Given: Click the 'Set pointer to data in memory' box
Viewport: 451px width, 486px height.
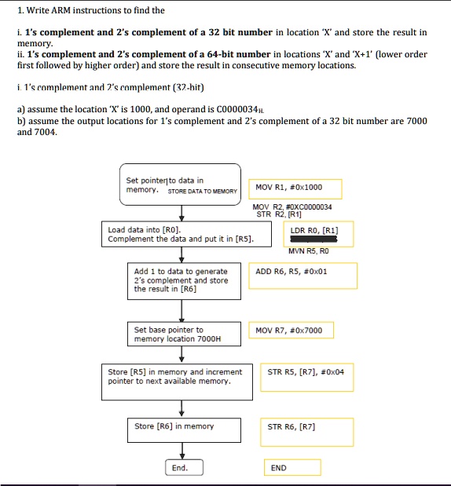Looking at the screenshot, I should click(x=180, y=185).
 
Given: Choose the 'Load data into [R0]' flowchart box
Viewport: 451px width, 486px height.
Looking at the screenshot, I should click(x=181, y=235).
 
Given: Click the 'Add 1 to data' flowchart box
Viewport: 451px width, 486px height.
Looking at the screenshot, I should click(x=181, y=280).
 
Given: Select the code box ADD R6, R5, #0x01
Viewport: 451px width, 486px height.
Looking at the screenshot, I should click(x=302, y=275).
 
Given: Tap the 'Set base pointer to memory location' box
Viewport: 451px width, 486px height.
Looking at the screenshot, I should click(x=181, y=334).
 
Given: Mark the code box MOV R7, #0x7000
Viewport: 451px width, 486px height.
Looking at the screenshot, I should click(x=289, y=331).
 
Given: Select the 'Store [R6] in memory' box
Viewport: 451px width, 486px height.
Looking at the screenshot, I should click(x=181, y=427).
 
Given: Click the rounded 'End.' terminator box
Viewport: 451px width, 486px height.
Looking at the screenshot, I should click(x=181, y=467).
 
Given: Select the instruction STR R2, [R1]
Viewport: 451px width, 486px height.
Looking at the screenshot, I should click(x=273, y=214).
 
